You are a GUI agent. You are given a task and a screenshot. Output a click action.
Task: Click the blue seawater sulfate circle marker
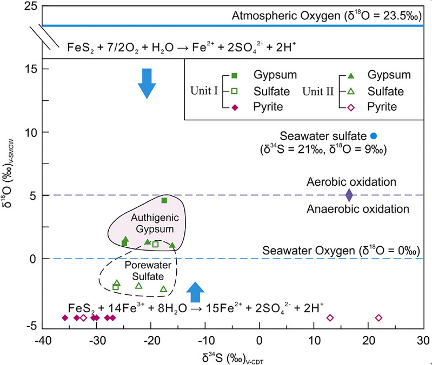[x=374, y=135]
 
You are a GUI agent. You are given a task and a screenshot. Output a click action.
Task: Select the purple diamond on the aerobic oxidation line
[x=349, y=194]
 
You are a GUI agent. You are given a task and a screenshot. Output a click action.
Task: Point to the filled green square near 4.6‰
[x=164, y=200]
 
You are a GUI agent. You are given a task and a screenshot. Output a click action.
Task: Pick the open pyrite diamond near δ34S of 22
[x=378, y=317]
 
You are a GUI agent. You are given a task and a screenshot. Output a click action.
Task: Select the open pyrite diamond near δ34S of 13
[x=330, y=317]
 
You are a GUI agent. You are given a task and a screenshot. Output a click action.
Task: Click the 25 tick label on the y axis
[x=30, y=6]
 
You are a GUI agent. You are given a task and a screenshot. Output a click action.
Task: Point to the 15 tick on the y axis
[x=31, y=69]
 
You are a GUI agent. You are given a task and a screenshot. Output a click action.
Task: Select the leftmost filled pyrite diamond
[x=65, y=317]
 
